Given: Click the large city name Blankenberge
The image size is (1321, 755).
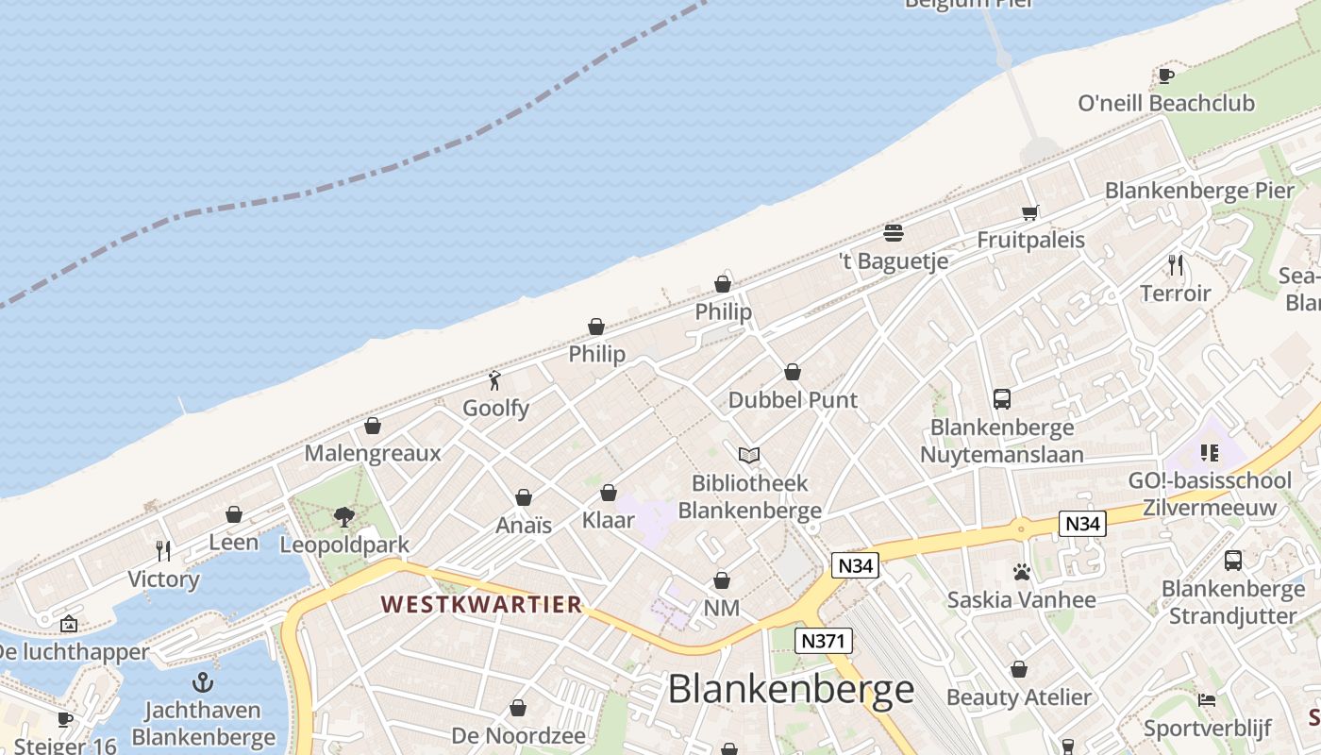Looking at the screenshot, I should (791, 690).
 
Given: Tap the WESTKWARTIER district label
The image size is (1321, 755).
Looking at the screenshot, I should (481, 605).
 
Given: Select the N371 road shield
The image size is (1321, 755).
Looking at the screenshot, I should (824, 642).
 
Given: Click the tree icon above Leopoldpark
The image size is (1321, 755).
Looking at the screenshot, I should (344, 516).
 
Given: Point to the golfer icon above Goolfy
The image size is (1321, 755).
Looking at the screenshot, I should (494, 380).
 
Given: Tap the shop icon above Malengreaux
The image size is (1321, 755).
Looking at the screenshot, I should (373, 426).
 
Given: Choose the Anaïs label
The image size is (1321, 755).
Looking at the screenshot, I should (524, 525).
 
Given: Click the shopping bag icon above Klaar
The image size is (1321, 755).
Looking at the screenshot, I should (609, 493).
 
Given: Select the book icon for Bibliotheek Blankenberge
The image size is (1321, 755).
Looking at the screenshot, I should (749, 456).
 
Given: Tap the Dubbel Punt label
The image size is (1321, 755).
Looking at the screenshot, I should (793, 400).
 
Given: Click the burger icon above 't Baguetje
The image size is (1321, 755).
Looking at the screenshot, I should (894, 232).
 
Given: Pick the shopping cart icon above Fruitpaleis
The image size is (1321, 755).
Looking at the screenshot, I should (1029, 212).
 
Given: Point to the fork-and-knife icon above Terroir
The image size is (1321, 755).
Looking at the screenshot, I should (1175, 265).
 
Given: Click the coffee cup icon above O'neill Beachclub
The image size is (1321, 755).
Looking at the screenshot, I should (1166, 75).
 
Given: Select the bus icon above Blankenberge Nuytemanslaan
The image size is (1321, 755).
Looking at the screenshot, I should (1002, 399).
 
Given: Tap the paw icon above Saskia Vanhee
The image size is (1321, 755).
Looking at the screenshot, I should (1021, 572).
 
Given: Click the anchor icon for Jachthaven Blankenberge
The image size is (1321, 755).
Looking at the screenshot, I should (203, 682).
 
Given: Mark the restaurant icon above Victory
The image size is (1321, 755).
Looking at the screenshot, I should (163, 550).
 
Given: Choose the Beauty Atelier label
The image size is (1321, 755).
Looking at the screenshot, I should (1018, 698).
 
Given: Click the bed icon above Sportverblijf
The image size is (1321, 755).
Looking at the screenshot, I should (1207, 700).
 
